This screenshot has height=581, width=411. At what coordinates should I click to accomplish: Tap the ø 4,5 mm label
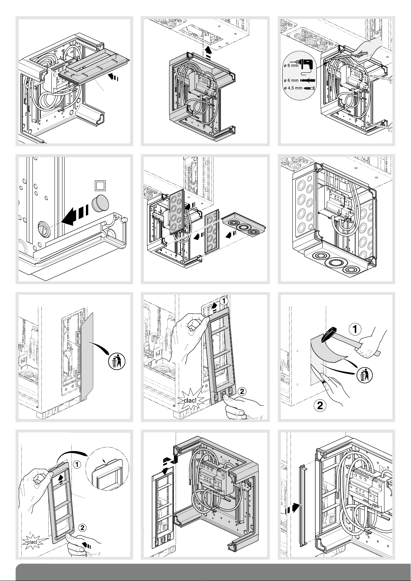[293, 88]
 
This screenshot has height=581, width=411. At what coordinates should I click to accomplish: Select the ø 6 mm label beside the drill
[291, 66]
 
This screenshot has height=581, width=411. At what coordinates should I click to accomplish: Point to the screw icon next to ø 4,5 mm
[309, 88]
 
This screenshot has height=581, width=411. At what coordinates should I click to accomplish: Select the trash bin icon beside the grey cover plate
[117, 361]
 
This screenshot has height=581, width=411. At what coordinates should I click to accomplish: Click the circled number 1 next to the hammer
[355, 329]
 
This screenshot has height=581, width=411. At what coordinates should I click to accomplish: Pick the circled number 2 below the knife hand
[320, 405]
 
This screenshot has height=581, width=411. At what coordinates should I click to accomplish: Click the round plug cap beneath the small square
[100, 203]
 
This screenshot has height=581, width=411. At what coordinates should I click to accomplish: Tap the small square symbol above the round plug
[100, 186]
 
